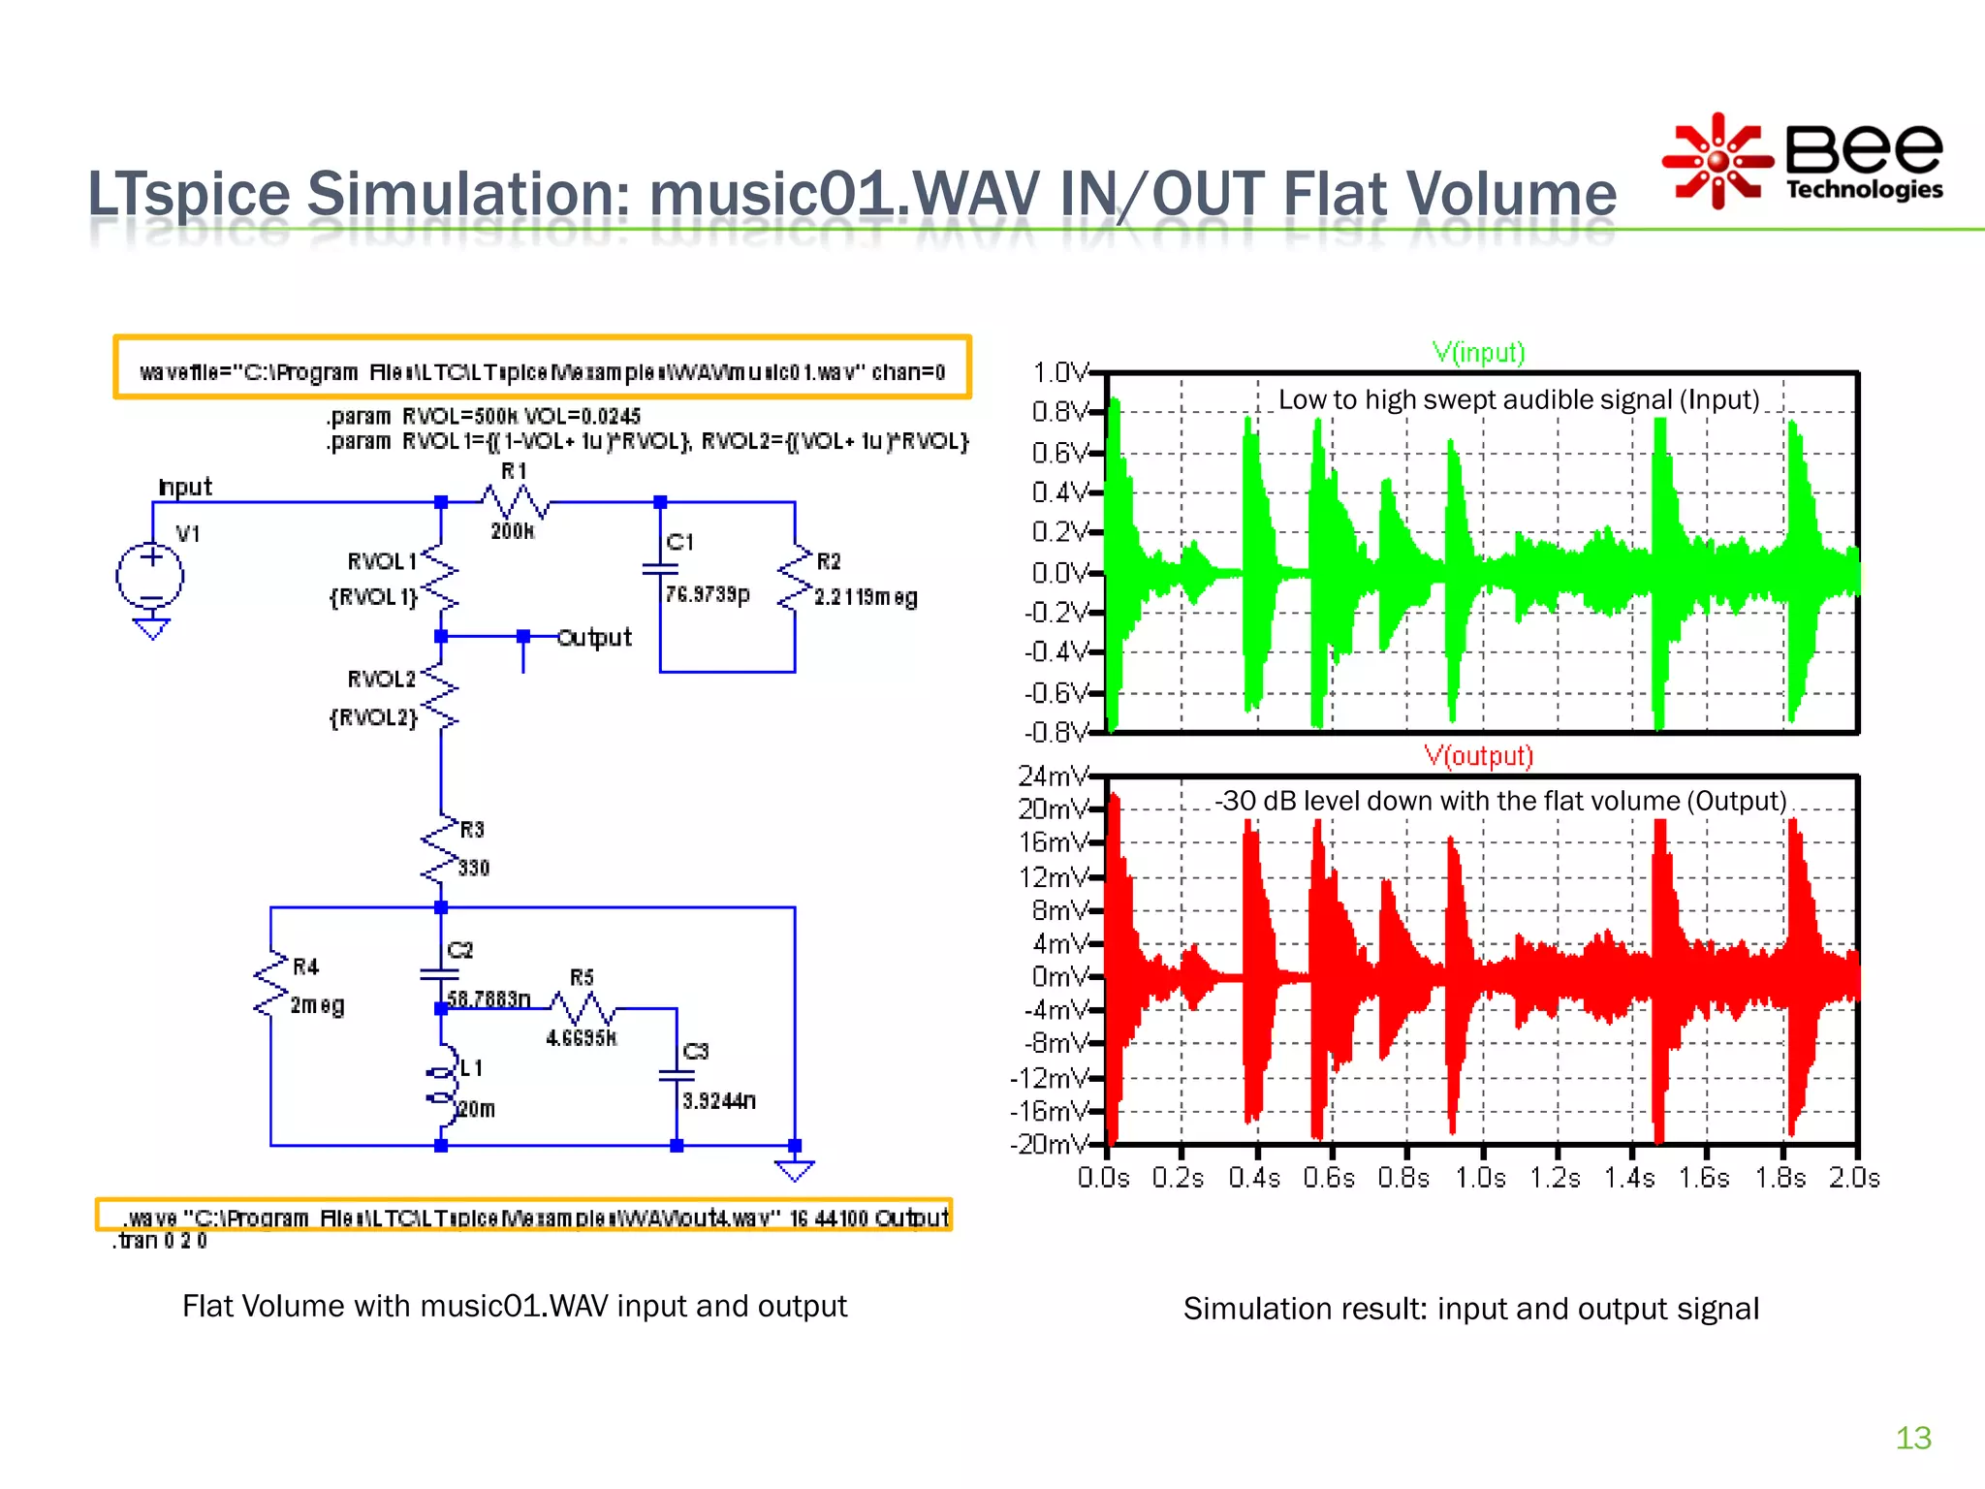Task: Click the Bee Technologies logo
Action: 1803,161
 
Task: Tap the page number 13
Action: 1912,1438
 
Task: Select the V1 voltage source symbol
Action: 150,577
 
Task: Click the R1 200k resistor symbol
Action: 515,502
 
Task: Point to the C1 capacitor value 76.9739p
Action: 708,594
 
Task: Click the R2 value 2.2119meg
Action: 865,597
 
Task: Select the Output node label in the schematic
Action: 594,638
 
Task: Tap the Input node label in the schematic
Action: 184,487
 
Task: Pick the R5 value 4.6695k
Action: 581,1038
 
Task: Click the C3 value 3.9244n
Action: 718,1101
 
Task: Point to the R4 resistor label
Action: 305,966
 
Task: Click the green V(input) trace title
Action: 1478,353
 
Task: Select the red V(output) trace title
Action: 1478,756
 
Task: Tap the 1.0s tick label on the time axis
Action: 1480,1178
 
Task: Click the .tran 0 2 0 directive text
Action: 161,1242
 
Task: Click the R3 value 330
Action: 473,868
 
